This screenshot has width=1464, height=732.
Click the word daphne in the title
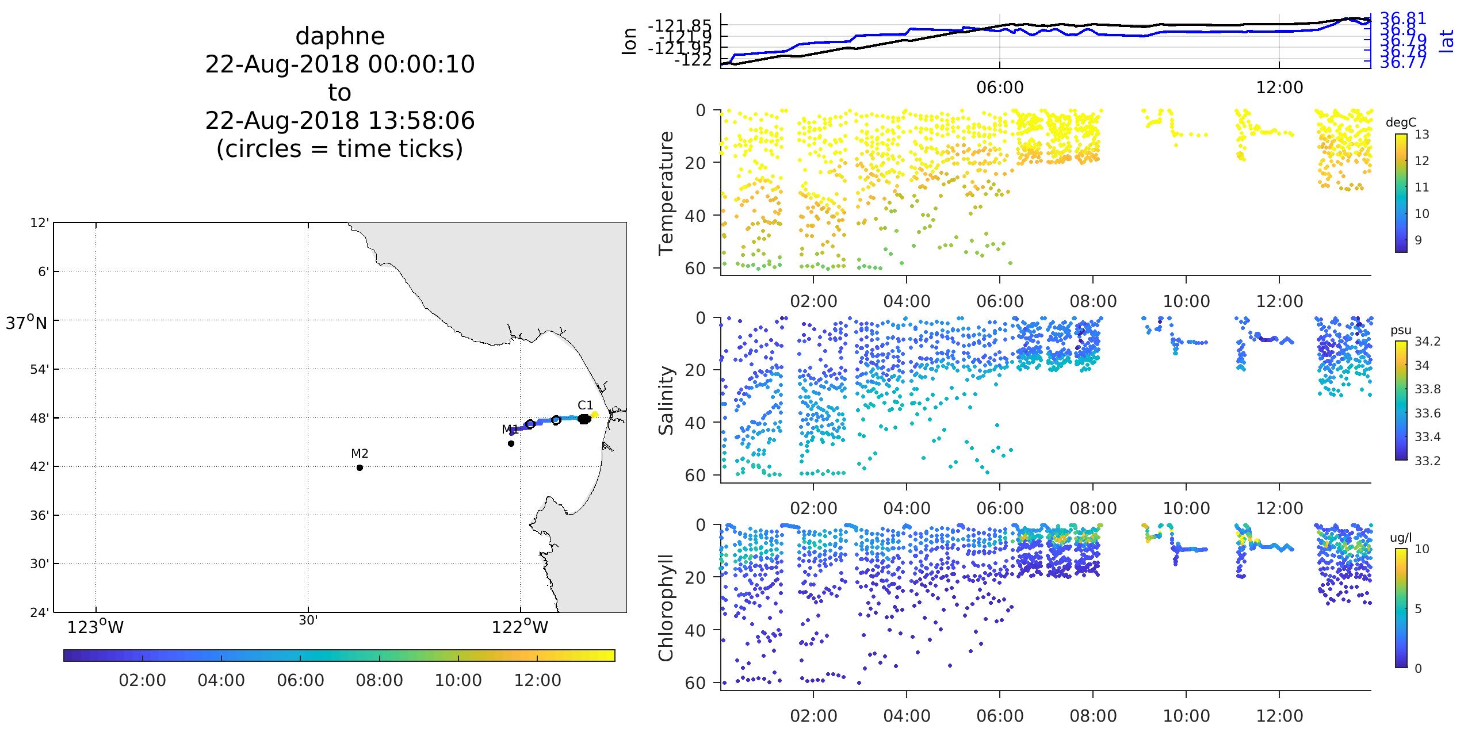tap(340, 36)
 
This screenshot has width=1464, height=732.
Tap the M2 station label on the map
tap(360, 454)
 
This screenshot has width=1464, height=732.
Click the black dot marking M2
tap(360, 467)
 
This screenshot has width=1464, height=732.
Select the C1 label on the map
tap(585, 405)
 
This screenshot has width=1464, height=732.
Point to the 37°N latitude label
tap(26, 323)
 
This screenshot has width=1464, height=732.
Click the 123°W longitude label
tap(95, 627)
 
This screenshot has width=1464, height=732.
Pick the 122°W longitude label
tap(520, 627)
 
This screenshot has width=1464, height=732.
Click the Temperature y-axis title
tap(666, 193)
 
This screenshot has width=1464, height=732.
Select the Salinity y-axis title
tap(666, 401)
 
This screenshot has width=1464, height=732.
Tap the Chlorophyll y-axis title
tap(666, 607)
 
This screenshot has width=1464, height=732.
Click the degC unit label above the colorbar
tap(1401, 122)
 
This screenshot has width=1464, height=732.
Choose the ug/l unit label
tap(1401, 538)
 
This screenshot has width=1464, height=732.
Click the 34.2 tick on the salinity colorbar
tap(1427, 342)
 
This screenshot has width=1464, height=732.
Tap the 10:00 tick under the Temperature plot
tap(1186, 301)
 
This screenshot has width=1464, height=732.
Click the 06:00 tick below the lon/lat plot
tap(1000, 87)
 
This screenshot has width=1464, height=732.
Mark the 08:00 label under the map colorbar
tap(379, 680)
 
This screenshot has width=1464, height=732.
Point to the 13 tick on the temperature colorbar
tap(1421, 135)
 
